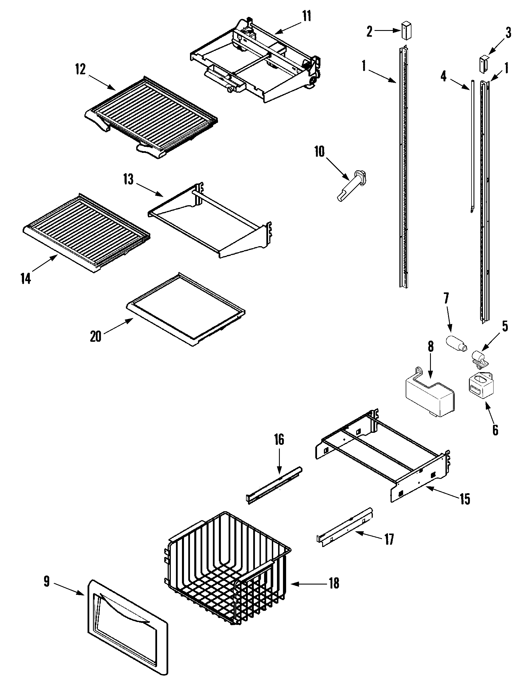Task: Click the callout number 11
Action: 306,16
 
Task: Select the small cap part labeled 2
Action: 404,30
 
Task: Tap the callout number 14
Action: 26,279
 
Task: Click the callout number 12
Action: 80,70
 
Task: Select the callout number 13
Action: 128,179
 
